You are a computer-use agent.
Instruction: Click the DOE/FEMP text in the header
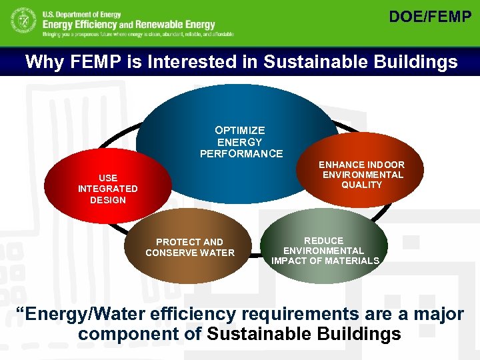[x=429, y=17]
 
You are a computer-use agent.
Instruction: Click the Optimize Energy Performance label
[x=240, y=142]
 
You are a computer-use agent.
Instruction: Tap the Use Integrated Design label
[x=107, y=189]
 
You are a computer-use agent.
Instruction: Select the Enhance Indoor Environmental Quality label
[x=361, y=175]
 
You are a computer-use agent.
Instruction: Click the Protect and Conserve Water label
[x=190, y=247]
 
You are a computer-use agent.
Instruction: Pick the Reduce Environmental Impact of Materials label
[x=325, y=251]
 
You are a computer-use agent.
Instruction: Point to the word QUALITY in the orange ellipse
[x=361, y=185]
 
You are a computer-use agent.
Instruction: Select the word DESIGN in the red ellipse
[x=107, y=200]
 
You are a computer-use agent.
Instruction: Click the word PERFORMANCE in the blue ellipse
[x=241, y=154]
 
